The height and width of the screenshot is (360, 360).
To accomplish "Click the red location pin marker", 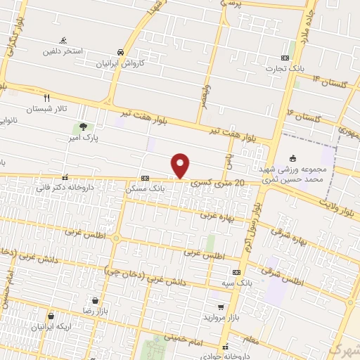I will tap(181, 165).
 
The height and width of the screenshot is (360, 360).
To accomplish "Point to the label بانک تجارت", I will tap(283, 69).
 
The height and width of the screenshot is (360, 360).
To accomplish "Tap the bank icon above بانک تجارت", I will tap(285, 58).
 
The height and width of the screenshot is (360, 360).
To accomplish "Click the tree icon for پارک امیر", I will tap(84, 127).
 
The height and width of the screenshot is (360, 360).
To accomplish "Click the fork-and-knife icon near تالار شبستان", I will tap(47, 98).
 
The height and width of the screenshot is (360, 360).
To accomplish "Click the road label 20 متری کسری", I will tap(221, 183).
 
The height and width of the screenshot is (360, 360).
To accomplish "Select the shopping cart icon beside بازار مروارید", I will tap(221, 307).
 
